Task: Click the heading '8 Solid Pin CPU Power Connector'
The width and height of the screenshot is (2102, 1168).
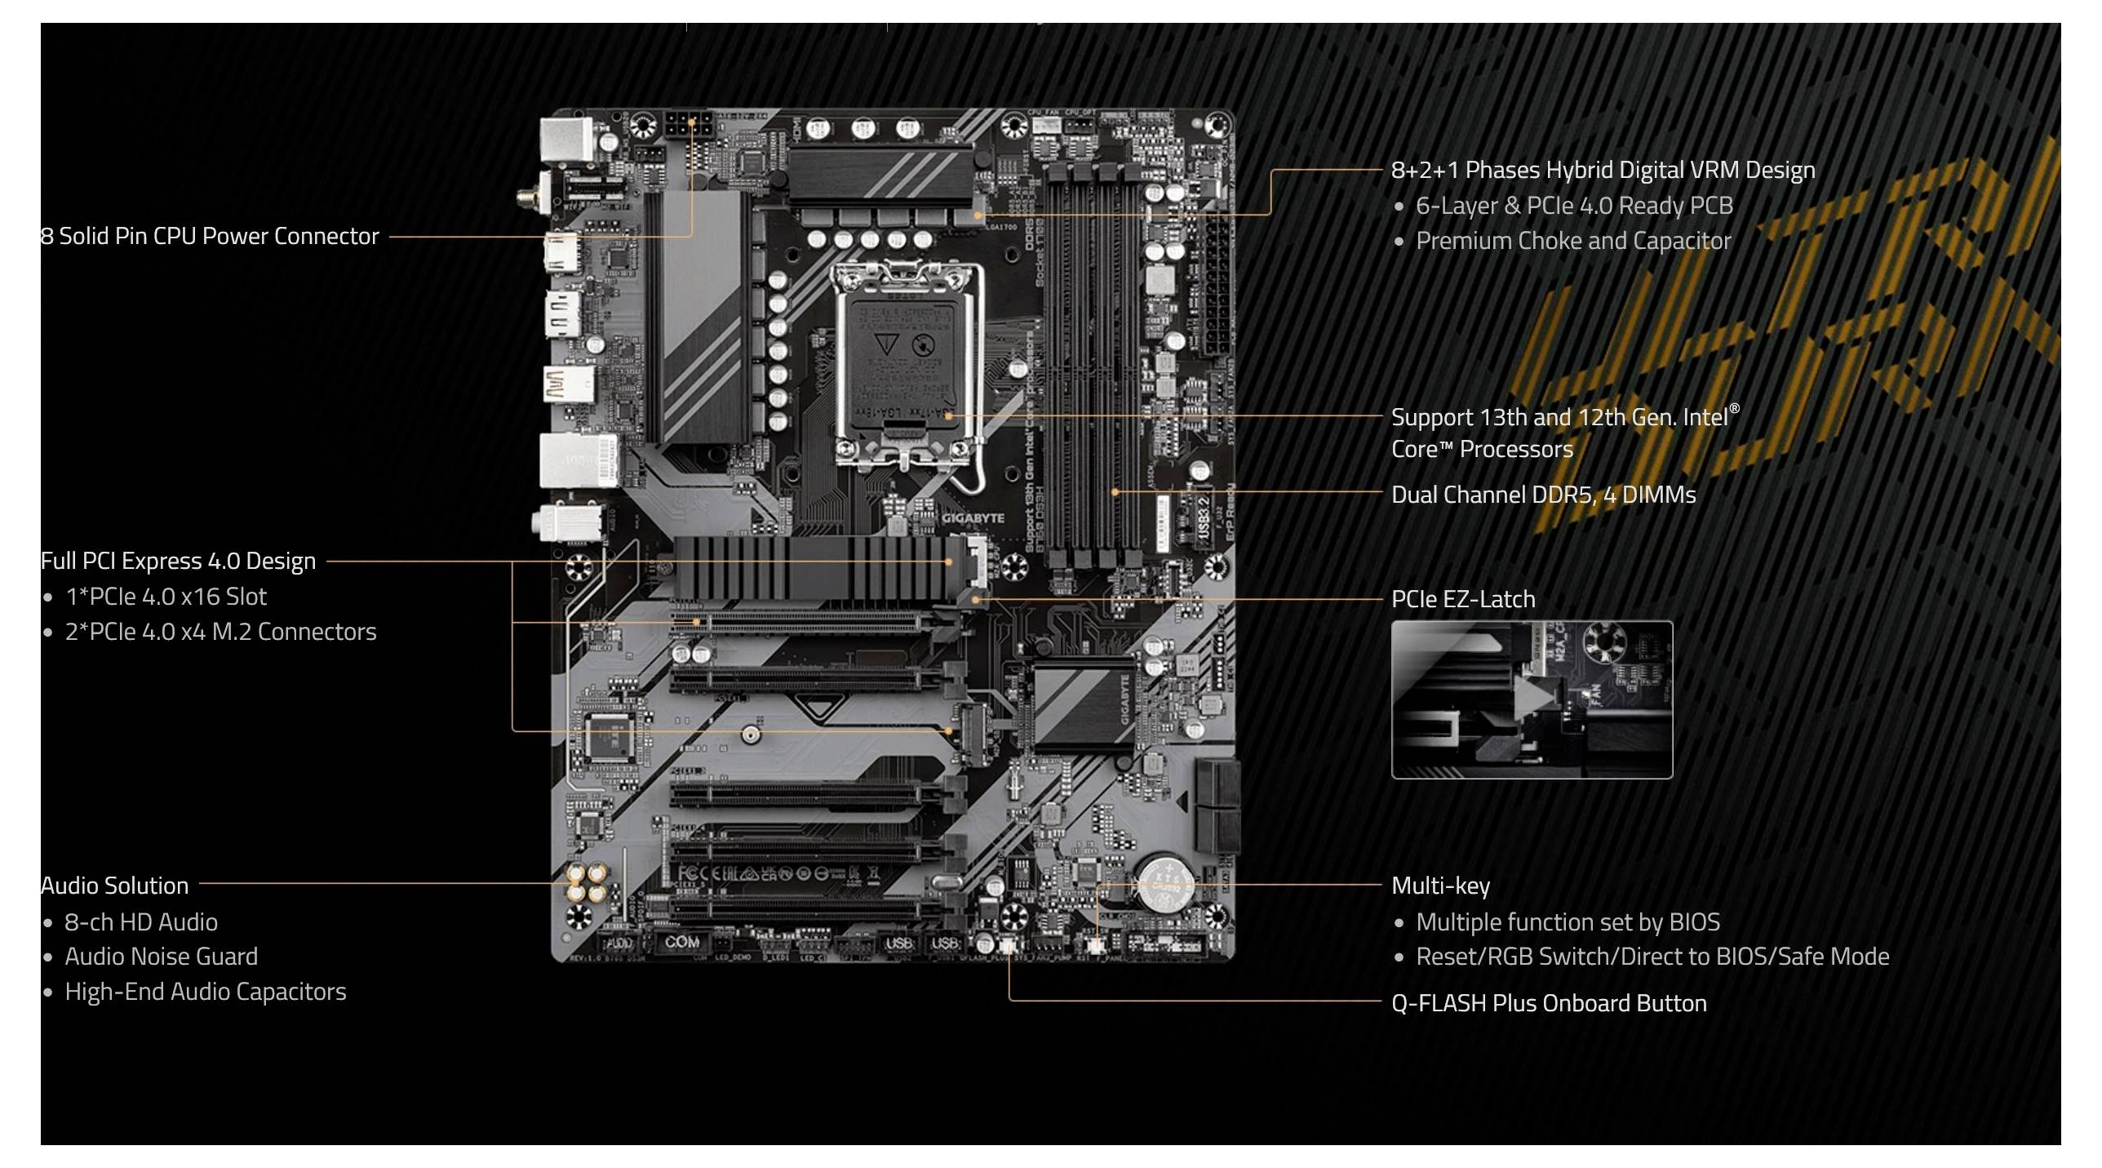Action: tap(210, 237)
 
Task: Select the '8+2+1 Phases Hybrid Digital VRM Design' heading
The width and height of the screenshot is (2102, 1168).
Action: tap(1603, 171)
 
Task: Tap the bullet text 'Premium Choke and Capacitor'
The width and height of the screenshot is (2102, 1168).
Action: tap(1572, 242)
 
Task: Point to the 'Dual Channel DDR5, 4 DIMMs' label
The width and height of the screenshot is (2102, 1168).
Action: tap(1543, 495)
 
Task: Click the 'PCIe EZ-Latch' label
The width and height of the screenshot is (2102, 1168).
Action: tap(1462, 600)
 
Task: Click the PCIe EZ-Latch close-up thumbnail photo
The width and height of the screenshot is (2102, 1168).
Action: tap(1531, 699)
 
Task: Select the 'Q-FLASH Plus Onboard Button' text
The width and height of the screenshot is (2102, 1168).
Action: tap(1548, 1003)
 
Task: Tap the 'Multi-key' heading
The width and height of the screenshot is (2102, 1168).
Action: tap(1440, 886)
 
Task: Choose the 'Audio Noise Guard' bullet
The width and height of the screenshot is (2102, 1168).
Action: tap(161, 957)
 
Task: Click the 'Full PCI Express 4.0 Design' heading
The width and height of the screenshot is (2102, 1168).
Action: tap(178, 562)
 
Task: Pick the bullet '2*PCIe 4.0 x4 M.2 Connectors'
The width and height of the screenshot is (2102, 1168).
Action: tap(220, 633)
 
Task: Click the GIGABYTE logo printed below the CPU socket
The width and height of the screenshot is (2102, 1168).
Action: tap(973, 518)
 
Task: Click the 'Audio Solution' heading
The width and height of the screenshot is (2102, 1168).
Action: tap(114, 886)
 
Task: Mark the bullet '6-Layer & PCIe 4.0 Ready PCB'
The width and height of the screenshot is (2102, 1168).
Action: tap(1573, 207)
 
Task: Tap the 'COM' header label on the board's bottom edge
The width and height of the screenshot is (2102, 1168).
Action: tap(681, 942)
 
